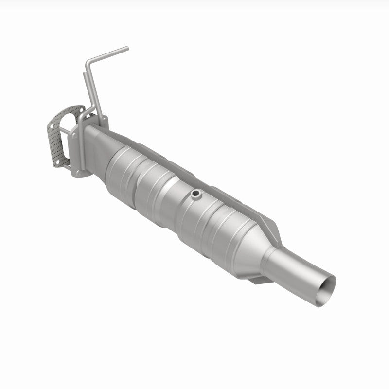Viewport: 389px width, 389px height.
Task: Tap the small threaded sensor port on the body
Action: pyautogui.click(x=195, y=194)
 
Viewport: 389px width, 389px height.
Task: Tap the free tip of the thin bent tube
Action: pyautogui.click(x=127, y=48)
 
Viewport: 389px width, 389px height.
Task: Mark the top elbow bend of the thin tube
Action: pyautogui.click(x=88, y=62)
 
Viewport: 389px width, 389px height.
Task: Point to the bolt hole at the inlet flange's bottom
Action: pyautogui.click(x=75, y=170)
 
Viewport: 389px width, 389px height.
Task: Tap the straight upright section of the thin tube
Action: pyautogui.click(x=94, y=85)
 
